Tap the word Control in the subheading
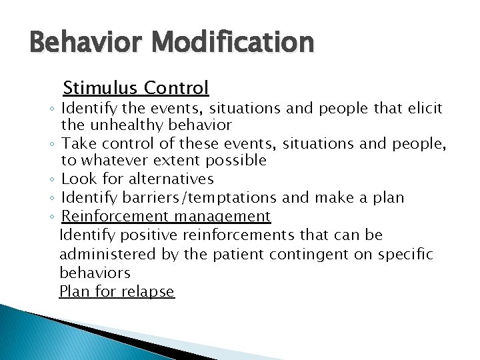click(x=177, y=87)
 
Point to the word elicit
click(x=425, y=108)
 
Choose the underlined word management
click(x=223, y=216)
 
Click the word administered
click(x=107, y=254)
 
